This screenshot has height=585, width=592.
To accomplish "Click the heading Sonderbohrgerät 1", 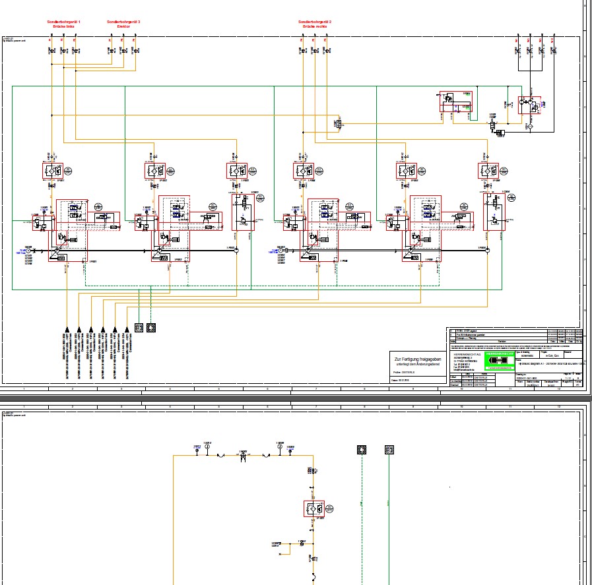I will pos(64,22).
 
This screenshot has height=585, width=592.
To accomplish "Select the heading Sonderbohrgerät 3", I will pos(123,22).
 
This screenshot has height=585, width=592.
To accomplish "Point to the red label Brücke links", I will pos(64,26).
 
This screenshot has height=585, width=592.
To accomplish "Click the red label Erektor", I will pos(123,26).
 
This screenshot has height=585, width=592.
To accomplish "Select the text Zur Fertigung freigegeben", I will pos(413,357).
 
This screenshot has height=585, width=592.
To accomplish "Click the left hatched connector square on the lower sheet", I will pos(360,450).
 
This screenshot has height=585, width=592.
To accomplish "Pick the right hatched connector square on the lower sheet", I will pos(389,450).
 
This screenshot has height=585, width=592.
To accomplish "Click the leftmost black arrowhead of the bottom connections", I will pos(67,328).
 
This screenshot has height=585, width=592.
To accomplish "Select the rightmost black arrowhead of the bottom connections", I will pos(127,328).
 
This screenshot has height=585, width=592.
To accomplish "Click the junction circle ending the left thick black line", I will pos(236,251).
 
